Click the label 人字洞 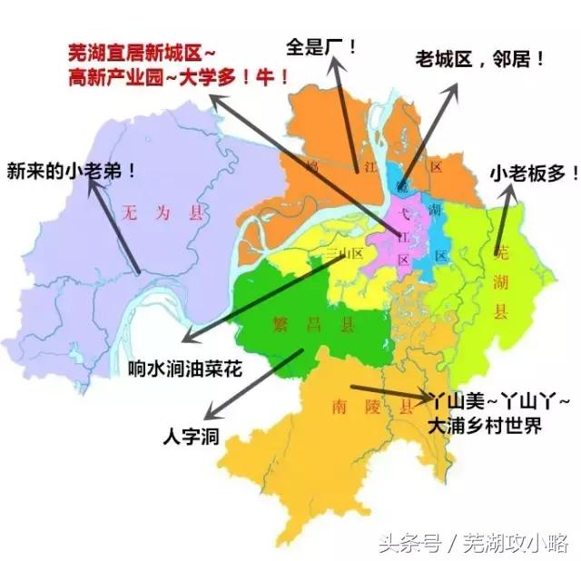[190, 435]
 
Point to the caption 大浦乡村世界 [486, 424]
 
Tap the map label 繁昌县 [296, 325]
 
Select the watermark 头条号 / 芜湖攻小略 [498, 543]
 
